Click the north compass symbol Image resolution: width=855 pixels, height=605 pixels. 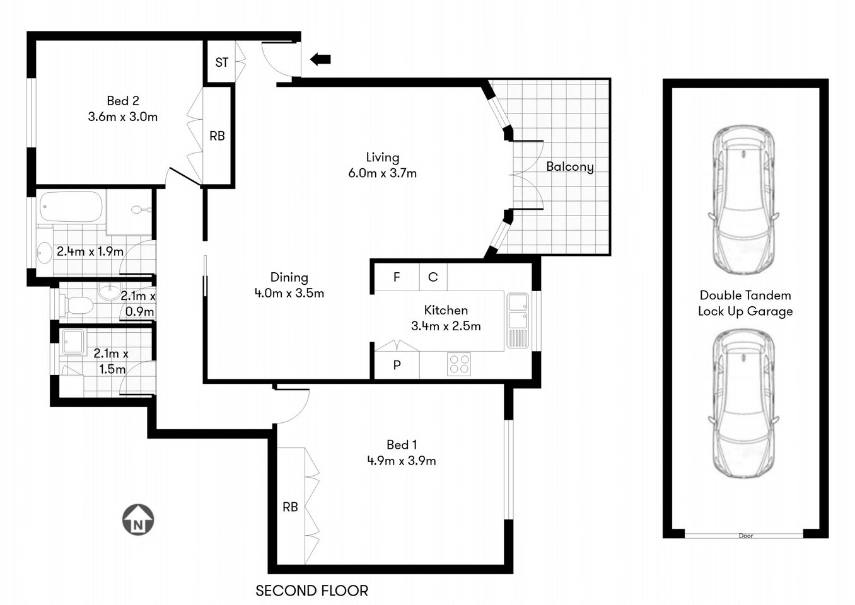point(137,520)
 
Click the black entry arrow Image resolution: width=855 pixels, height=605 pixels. point(320,59)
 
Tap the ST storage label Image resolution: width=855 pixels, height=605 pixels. point(221,62)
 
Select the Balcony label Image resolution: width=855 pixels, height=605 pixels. point(569,166)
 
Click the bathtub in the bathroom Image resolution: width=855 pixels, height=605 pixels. point(70,207)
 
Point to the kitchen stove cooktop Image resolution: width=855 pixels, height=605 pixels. point(458,365)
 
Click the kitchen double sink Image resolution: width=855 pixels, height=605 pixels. point(518,311)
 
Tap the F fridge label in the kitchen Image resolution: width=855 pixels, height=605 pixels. point(397,277)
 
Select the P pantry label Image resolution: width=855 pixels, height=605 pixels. point(397,365)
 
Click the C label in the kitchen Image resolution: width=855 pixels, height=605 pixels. point(433,277)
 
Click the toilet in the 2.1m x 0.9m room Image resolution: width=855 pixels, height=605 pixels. point(76,306)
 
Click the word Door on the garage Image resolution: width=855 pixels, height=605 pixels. point(745,536)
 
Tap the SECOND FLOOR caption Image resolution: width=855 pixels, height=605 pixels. point(311,591)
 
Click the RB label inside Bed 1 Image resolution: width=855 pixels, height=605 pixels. point(290,507)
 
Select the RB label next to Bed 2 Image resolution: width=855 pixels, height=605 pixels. point(217,135)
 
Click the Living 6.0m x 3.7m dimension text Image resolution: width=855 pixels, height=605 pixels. point(382,173)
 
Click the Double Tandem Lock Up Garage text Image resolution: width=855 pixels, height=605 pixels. point(745,303)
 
